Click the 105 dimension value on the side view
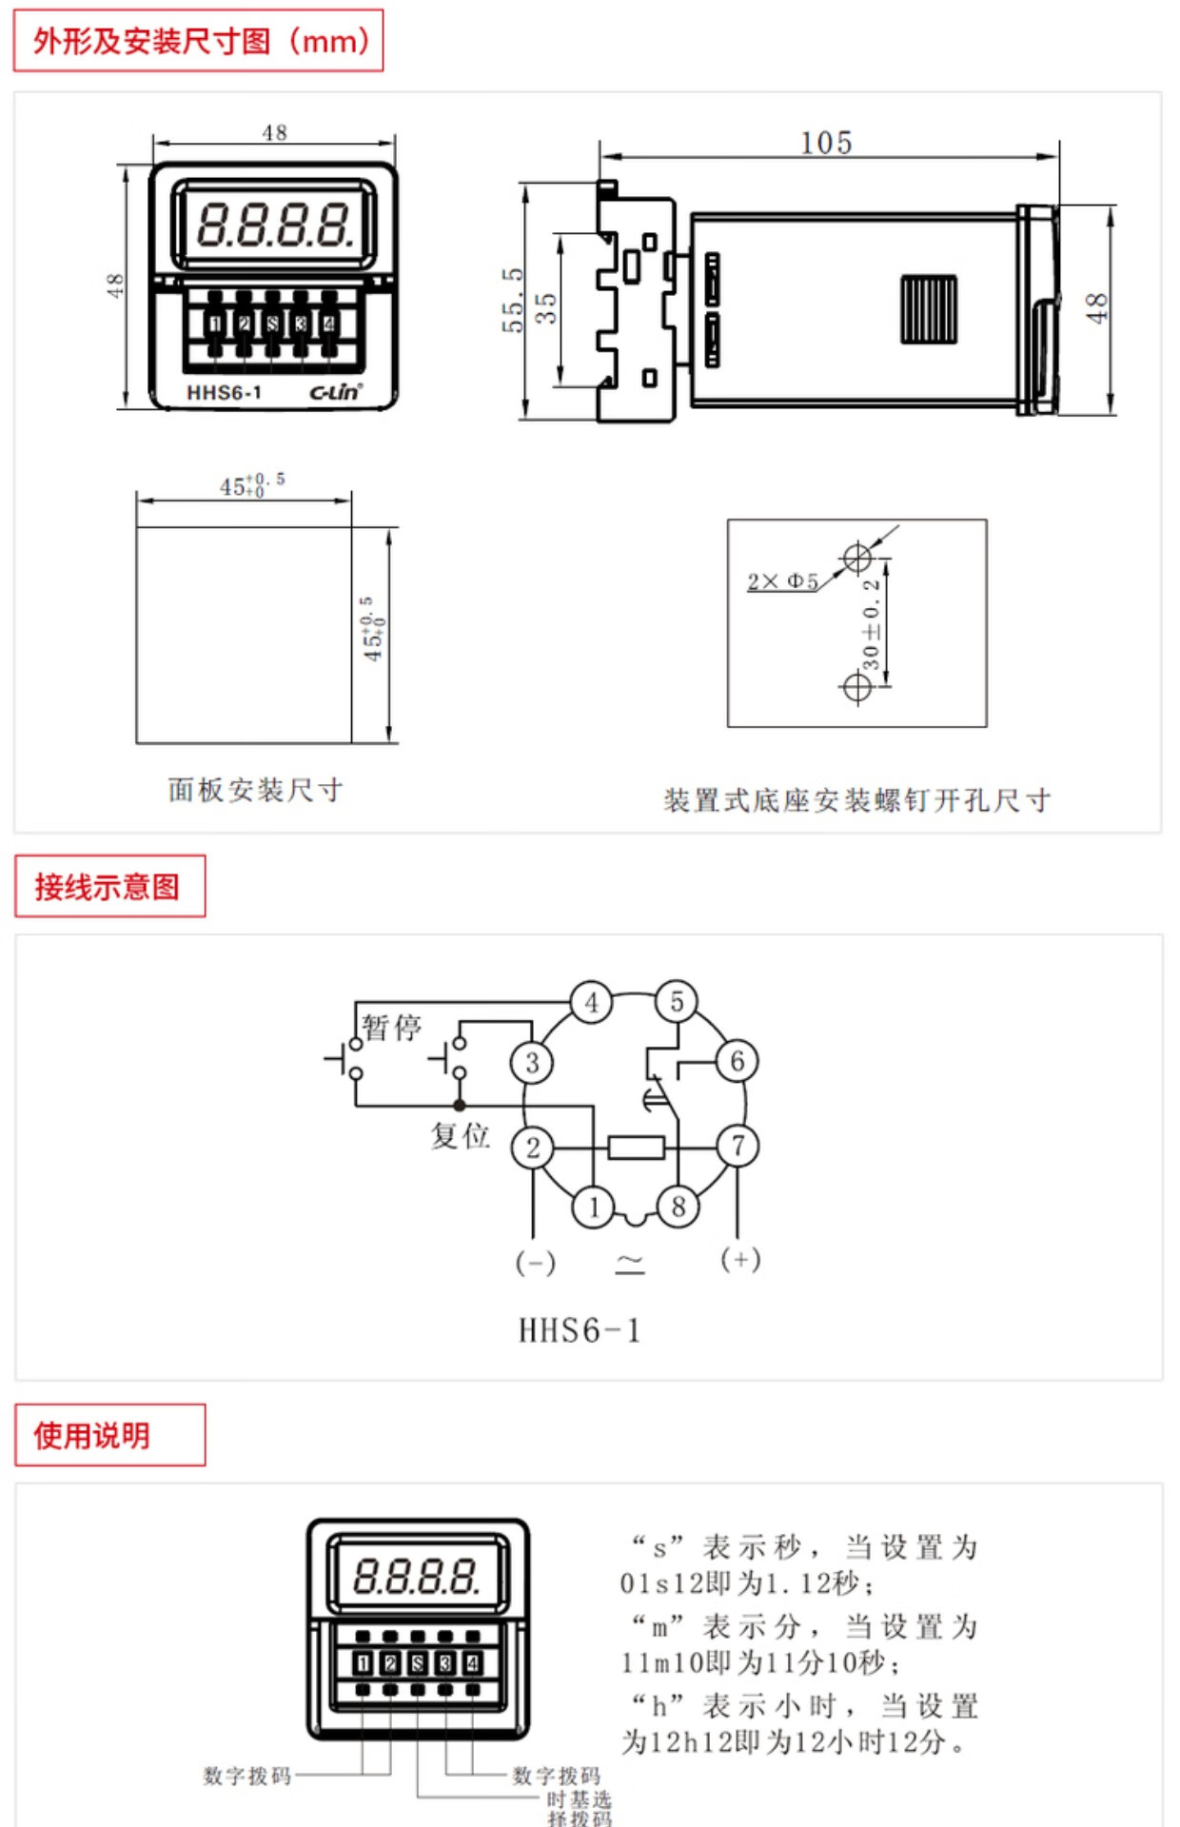click(826, 143)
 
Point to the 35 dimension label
click(545, 307)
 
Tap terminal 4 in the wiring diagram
click(591, 1002)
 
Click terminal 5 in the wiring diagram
click(677, 1001)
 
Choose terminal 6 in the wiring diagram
click(737, 1061)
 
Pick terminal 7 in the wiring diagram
click(737, 1146)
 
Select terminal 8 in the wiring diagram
click(678, 1207)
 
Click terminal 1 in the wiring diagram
click(594, 1207)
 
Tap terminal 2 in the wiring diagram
click(533, 1148)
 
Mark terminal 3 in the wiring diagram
click(532, 1063)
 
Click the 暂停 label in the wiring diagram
click(391, 1028)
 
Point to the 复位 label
click(460, 1134)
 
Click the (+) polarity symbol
click(740, 1260)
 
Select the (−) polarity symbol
click(535, 1263)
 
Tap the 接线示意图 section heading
click(108, 887)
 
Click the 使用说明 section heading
click(92, 1435)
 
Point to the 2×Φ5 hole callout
click(782, 581)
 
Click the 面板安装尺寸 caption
click(255, 790)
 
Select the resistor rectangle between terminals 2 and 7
click(636, 1148)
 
